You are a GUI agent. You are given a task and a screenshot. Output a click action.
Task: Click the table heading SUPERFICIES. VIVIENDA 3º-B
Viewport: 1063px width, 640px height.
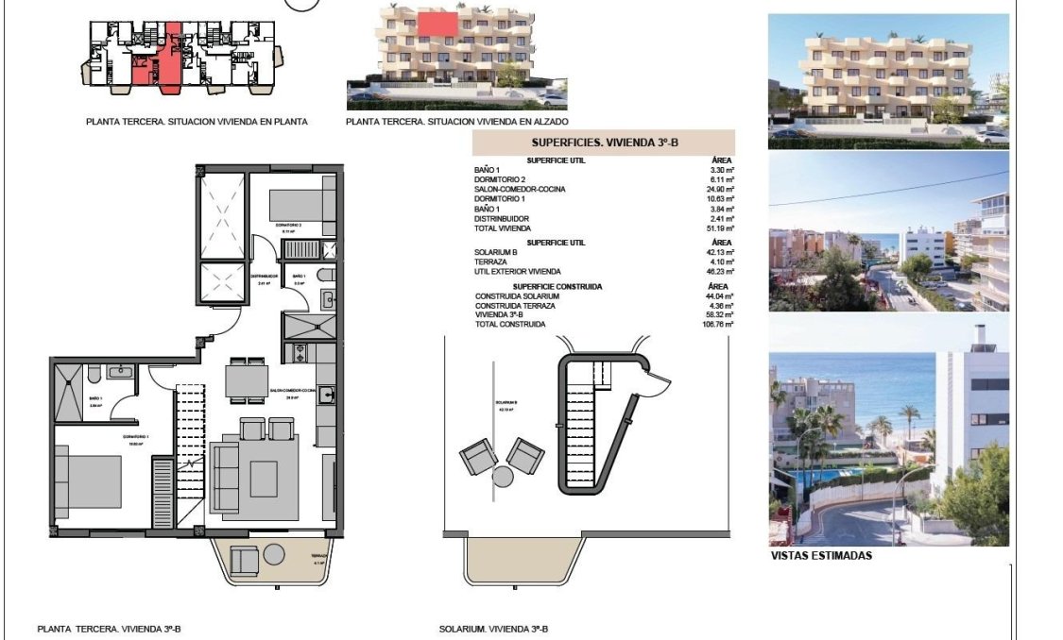coord(604,143)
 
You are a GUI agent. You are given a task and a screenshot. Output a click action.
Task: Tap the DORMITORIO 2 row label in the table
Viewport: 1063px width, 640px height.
coord(499,179)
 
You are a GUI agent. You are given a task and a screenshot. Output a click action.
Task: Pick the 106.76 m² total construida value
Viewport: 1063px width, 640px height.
coord(717,324)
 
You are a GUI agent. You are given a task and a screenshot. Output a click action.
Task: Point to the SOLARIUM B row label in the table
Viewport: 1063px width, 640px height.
coord(497,252)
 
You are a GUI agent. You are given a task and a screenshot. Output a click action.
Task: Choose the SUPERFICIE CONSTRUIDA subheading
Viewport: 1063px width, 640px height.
coord(557,286)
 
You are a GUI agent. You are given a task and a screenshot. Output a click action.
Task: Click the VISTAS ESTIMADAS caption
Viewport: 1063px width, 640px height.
coord(821,556)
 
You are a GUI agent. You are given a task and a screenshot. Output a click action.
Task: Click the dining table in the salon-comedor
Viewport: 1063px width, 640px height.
coord(247,382)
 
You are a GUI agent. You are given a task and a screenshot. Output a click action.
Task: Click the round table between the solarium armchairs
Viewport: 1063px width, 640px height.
coord(503,476)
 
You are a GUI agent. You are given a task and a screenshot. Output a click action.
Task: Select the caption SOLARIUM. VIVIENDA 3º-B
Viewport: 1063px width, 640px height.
coord(494,629)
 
